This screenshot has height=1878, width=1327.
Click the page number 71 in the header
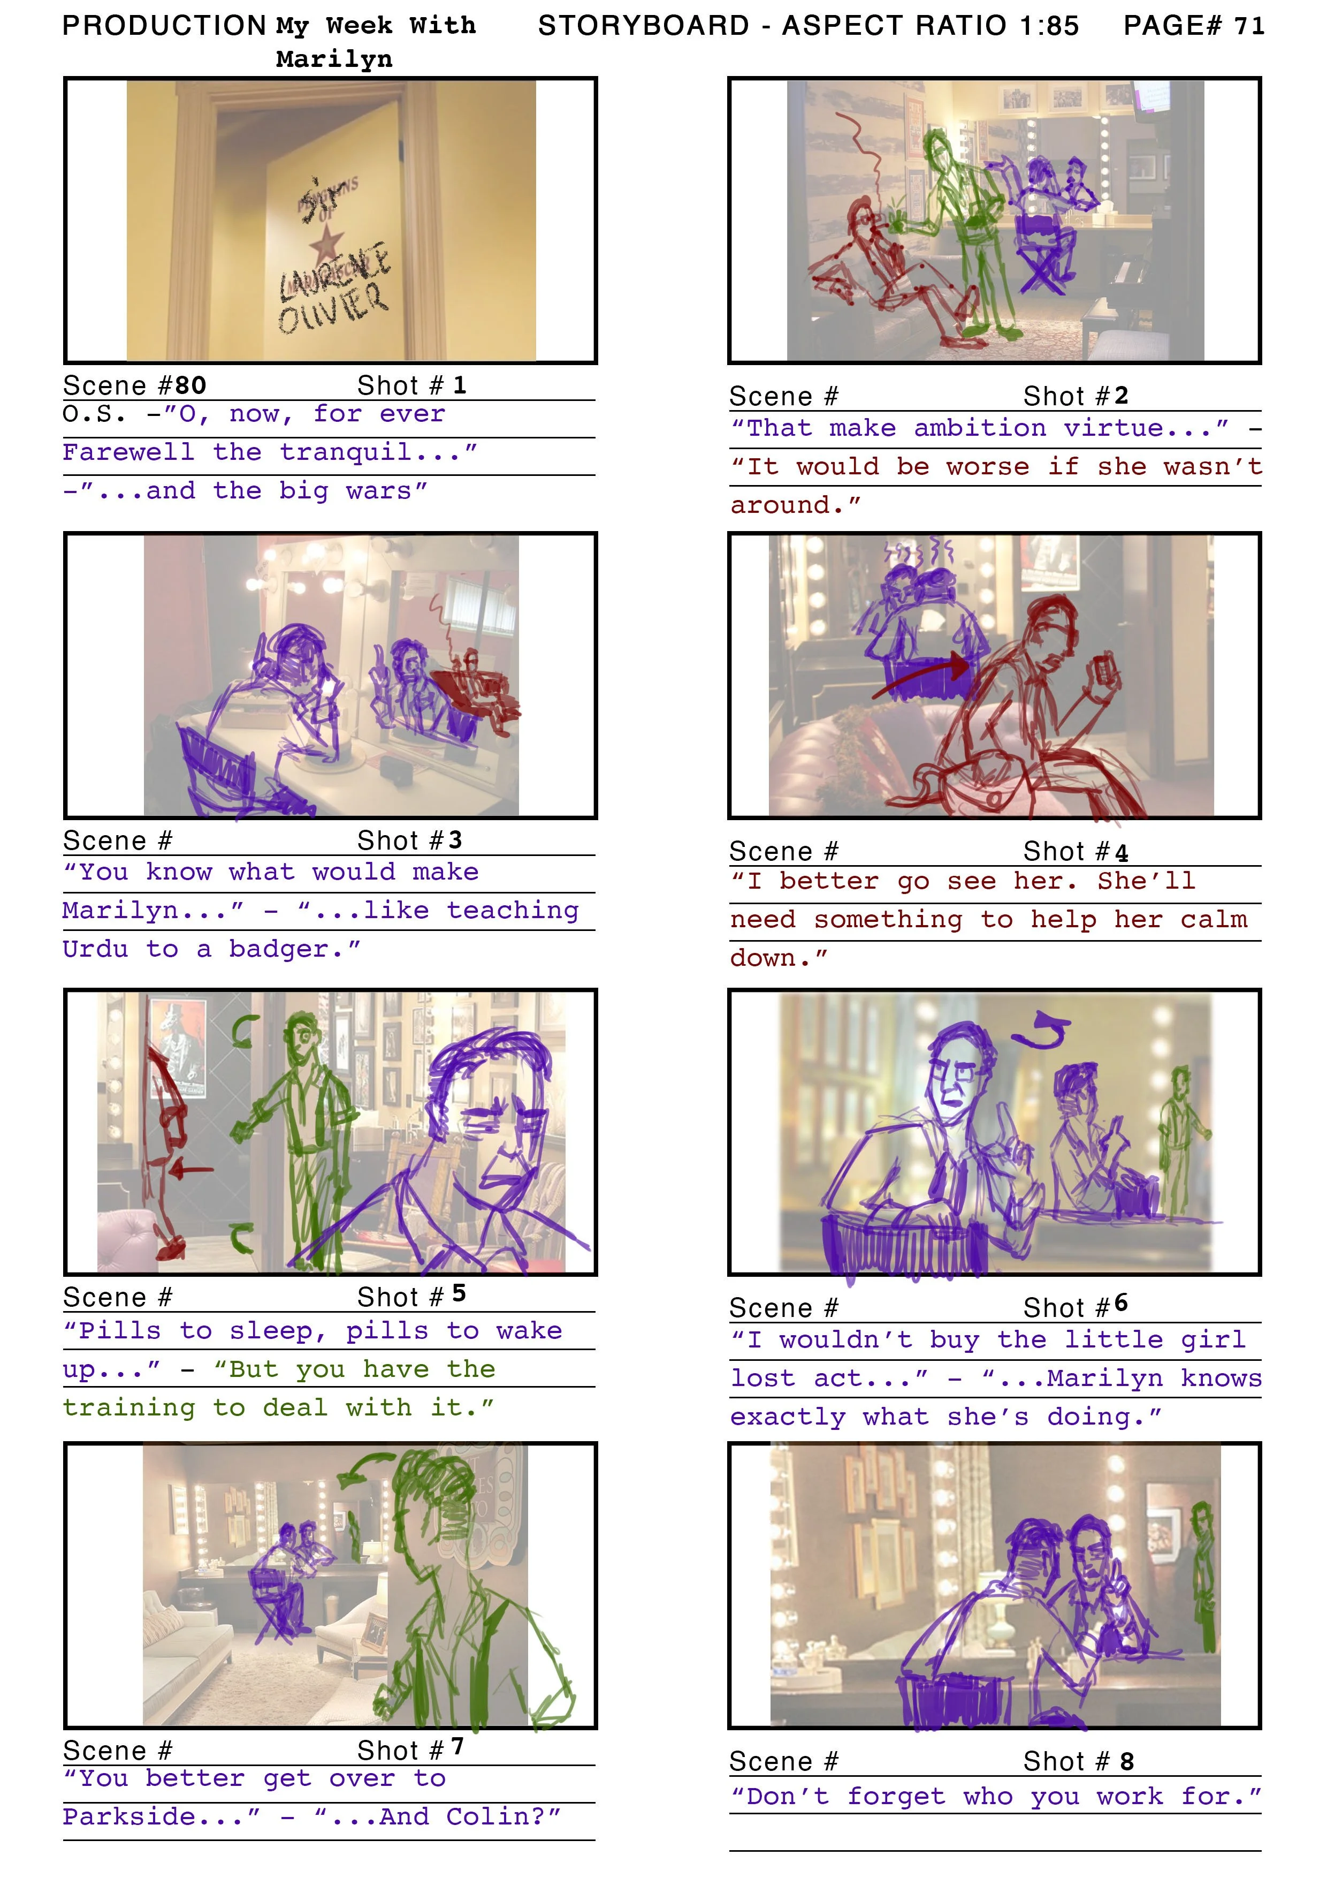click(1248, 26)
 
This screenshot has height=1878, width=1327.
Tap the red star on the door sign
click(326, 243)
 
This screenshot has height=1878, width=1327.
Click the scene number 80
click(190, 385)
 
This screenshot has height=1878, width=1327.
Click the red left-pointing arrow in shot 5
click(190, 1170)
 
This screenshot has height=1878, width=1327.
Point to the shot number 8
click(1127, 1762)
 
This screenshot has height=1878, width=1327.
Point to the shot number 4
click(1122, 852)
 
